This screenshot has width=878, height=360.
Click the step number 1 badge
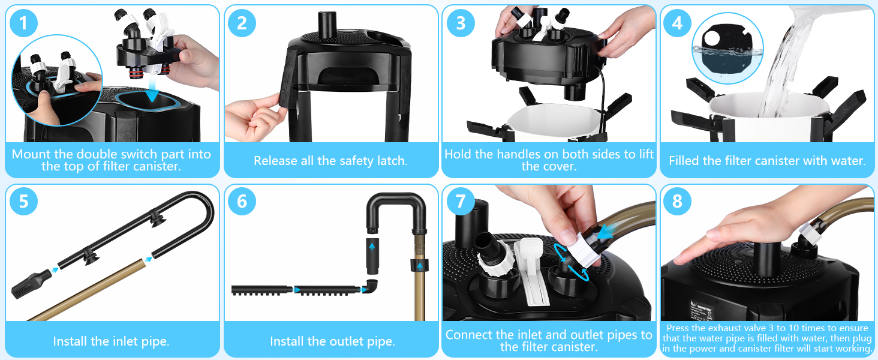click(23, 23)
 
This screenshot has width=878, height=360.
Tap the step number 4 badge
click(678, 23)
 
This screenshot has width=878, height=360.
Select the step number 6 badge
click(242, 201)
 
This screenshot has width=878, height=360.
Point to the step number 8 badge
click(678, 201)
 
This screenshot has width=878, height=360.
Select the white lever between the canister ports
click(531, 271)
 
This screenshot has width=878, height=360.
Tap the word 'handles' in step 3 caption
click(498, 154)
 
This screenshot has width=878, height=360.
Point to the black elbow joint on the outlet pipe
click(369, 286)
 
